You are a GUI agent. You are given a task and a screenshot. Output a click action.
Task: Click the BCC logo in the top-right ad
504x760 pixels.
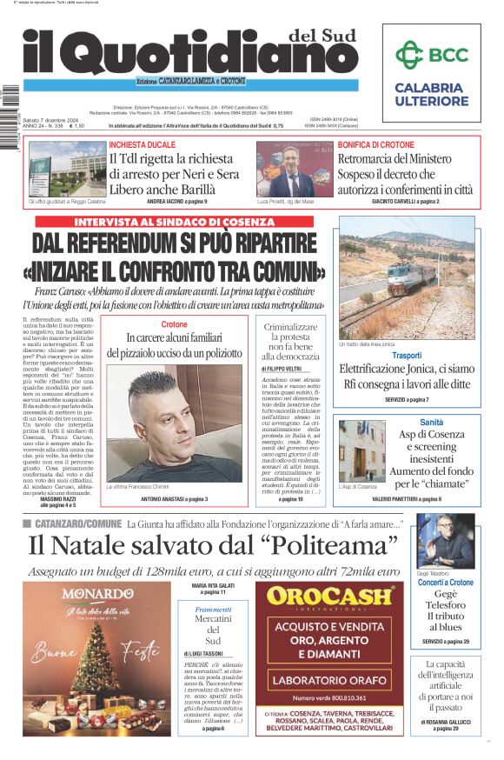[x=431, y=55]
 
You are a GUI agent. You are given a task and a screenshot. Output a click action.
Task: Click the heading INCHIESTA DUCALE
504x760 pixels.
[x=143, y=144]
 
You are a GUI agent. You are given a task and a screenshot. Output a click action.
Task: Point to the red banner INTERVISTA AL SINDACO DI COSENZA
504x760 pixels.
[x=174, y=222]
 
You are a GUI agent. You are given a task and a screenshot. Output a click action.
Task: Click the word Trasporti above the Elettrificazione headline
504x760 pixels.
[x=406, y=356]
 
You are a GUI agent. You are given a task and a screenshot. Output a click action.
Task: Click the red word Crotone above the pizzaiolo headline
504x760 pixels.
[x=174, y=324]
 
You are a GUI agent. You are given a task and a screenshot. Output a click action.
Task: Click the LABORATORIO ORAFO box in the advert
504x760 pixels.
[x=335, y=679]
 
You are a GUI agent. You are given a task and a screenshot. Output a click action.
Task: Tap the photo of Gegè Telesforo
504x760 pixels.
[x=445, y=543]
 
